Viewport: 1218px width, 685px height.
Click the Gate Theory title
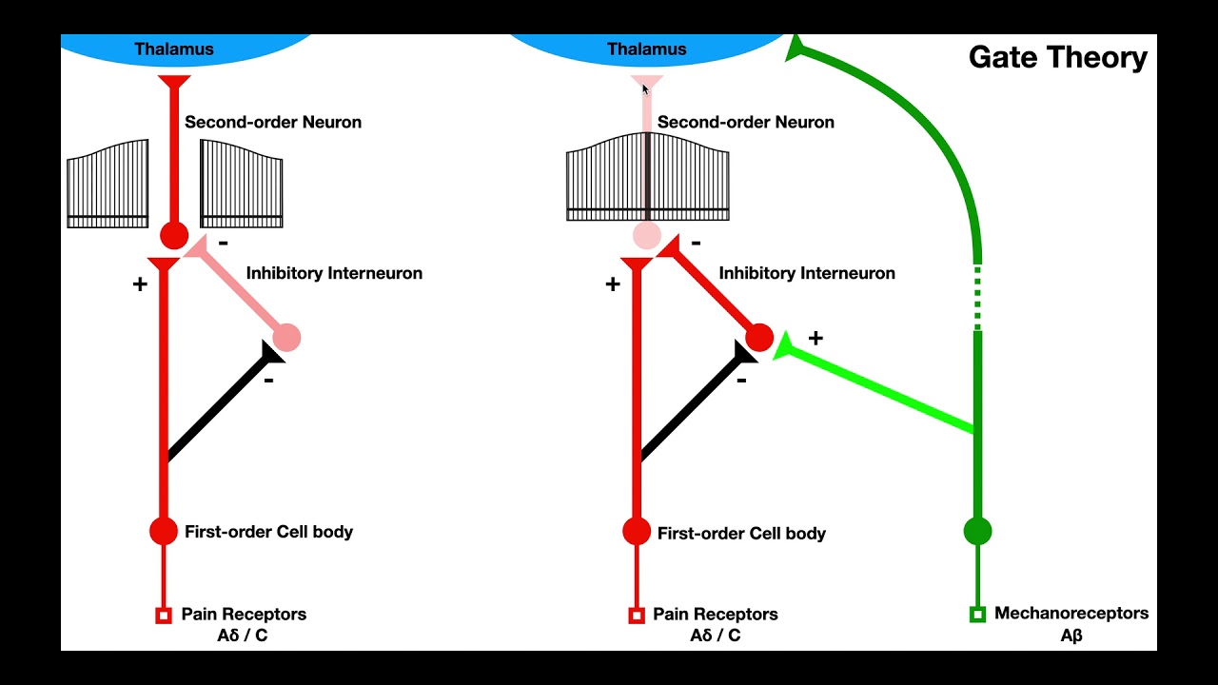click(1057, 58)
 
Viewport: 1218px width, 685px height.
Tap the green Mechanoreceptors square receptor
click(977, 615)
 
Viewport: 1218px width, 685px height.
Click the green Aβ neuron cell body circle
click(977, 531)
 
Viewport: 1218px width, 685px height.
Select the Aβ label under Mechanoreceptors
click(1071, 636)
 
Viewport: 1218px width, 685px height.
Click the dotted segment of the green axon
click(977, 296)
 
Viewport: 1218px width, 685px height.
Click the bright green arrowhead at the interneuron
click(783, 347)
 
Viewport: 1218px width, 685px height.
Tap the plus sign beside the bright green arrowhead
click(815, 338)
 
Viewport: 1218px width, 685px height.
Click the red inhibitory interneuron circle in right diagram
click(759, 337)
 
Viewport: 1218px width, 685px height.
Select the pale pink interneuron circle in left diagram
click(286, 337)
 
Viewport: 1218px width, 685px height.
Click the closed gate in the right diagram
click(647, 177)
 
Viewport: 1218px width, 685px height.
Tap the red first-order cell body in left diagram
click(164, 531)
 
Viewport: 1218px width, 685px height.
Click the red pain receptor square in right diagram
click(637, 616)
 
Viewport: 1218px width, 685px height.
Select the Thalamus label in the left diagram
click(173, 49)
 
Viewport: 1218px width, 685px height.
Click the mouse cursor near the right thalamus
click(645, 89)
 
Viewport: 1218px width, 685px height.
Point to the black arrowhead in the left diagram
click(270, 354)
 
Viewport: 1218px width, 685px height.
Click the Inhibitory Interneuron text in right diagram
click(806, 273)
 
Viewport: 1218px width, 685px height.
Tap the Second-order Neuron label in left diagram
click(272, 122)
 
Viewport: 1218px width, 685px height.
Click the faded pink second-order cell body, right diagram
click(647, 235)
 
